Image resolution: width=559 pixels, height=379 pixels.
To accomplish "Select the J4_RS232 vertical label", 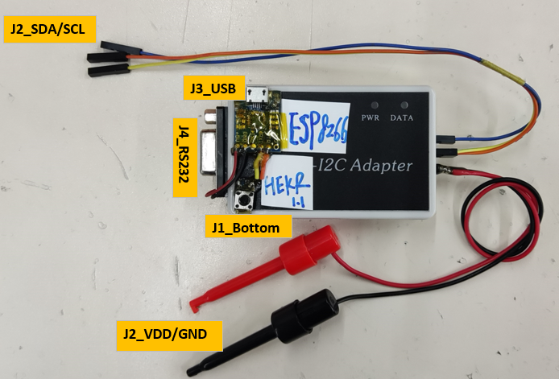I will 184,158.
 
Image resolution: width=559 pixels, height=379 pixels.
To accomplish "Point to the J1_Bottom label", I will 246,228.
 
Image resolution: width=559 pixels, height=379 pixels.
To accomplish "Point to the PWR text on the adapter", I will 371,117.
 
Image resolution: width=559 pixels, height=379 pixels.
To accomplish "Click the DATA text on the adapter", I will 403,117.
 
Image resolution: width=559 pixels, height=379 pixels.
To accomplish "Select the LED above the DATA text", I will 403,105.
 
